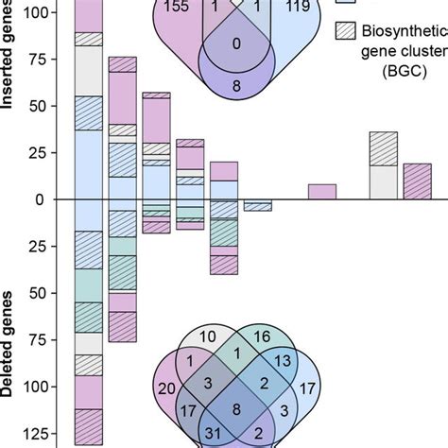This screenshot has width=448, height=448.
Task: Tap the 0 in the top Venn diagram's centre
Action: pyautogui.click(x=236, y=42)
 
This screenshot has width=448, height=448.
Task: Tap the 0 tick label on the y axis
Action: pyautogui.click(x=41, y=199)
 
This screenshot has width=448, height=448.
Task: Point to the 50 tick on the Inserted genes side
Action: pyautogui.click(x=36, y=106)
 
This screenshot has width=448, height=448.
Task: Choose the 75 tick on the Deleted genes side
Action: pyautogui.click(x=36, y=339)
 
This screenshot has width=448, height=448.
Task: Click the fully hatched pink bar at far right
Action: pyautogui.click(x=417, y=181)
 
